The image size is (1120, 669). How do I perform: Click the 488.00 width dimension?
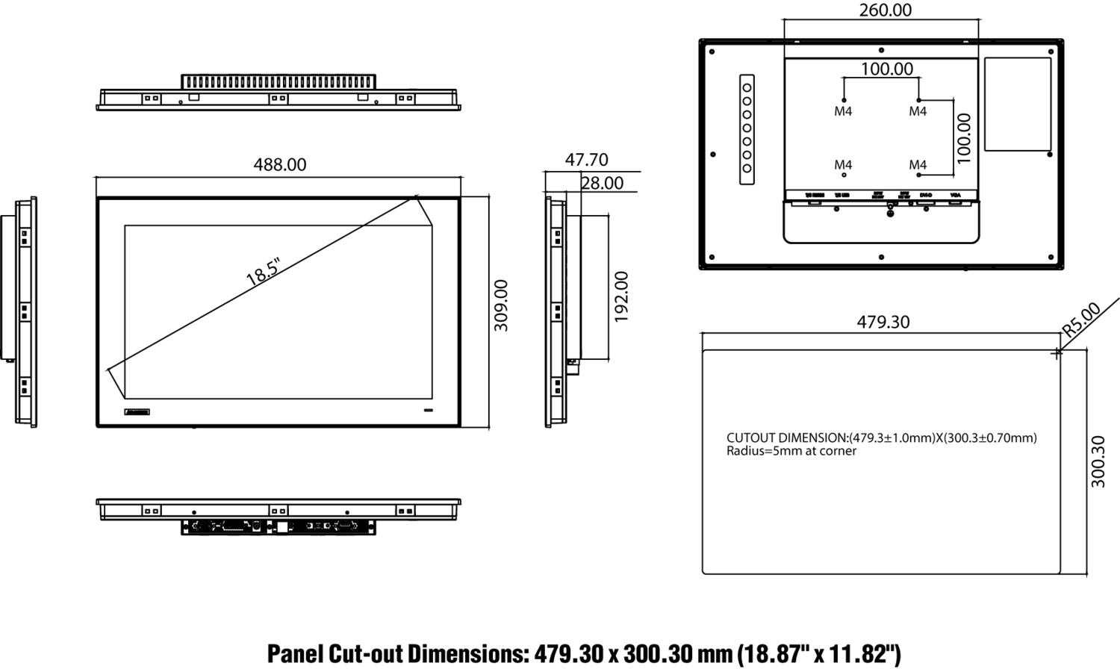pos(279,164)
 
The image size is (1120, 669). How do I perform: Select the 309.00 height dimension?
pos(501,305)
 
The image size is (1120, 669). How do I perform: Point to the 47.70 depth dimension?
pos(586,160)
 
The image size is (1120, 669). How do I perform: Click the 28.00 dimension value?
pos(602,183)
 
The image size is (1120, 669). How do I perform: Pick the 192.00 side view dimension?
pos(621,296)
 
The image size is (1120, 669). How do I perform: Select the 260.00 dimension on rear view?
pos(885,10)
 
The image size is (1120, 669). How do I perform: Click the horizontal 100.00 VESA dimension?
pos(886,69)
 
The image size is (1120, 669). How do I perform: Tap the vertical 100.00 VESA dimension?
pos(964,138)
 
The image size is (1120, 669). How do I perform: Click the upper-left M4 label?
pos(843,111)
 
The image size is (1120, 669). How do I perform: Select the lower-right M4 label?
pos(918,164)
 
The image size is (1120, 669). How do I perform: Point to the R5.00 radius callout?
pos(1081,319)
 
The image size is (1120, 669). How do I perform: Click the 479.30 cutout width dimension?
pos(883,322)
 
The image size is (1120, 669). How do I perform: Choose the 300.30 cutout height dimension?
pos(1098,461)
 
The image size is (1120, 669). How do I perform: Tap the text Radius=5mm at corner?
pos(791,451)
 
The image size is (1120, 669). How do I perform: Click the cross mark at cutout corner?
pos(1056,353)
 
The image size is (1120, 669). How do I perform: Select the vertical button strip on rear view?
pos(746,128)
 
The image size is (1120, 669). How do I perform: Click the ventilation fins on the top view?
pos(278,81)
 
